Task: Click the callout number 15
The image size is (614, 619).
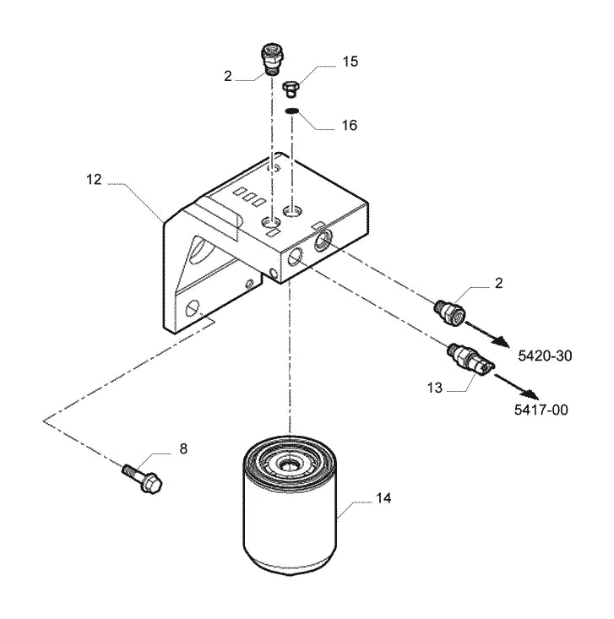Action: point(350,62)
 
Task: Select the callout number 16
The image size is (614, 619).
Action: point(349,125)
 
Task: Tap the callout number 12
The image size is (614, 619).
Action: point(94,180)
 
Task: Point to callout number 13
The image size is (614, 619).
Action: point(435,388)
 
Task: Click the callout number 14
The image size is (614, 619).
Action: point(383,498)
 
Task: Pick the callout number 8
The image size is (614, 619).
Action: point(183,449)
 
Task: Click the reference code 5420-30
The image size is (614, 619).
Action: point(545,356)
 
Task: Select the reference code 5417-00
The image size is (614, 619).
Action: point(541,410)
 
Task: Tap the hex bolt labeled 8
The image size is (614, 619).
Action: point(142,478)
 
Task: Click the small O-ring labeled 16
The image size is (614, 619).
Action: point(292,111)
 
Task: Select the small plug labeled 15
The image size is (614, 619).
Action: point(291,90)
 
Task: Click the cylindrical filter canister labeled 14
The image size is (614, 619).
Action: point(290,502)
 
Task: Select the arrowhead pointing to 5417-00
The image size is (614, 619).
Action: point(529,394)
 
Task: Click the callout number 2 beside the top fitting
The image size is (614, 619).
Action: point(228,76)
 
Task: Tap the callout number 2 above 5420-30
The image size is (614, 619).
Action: point(498,283)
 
